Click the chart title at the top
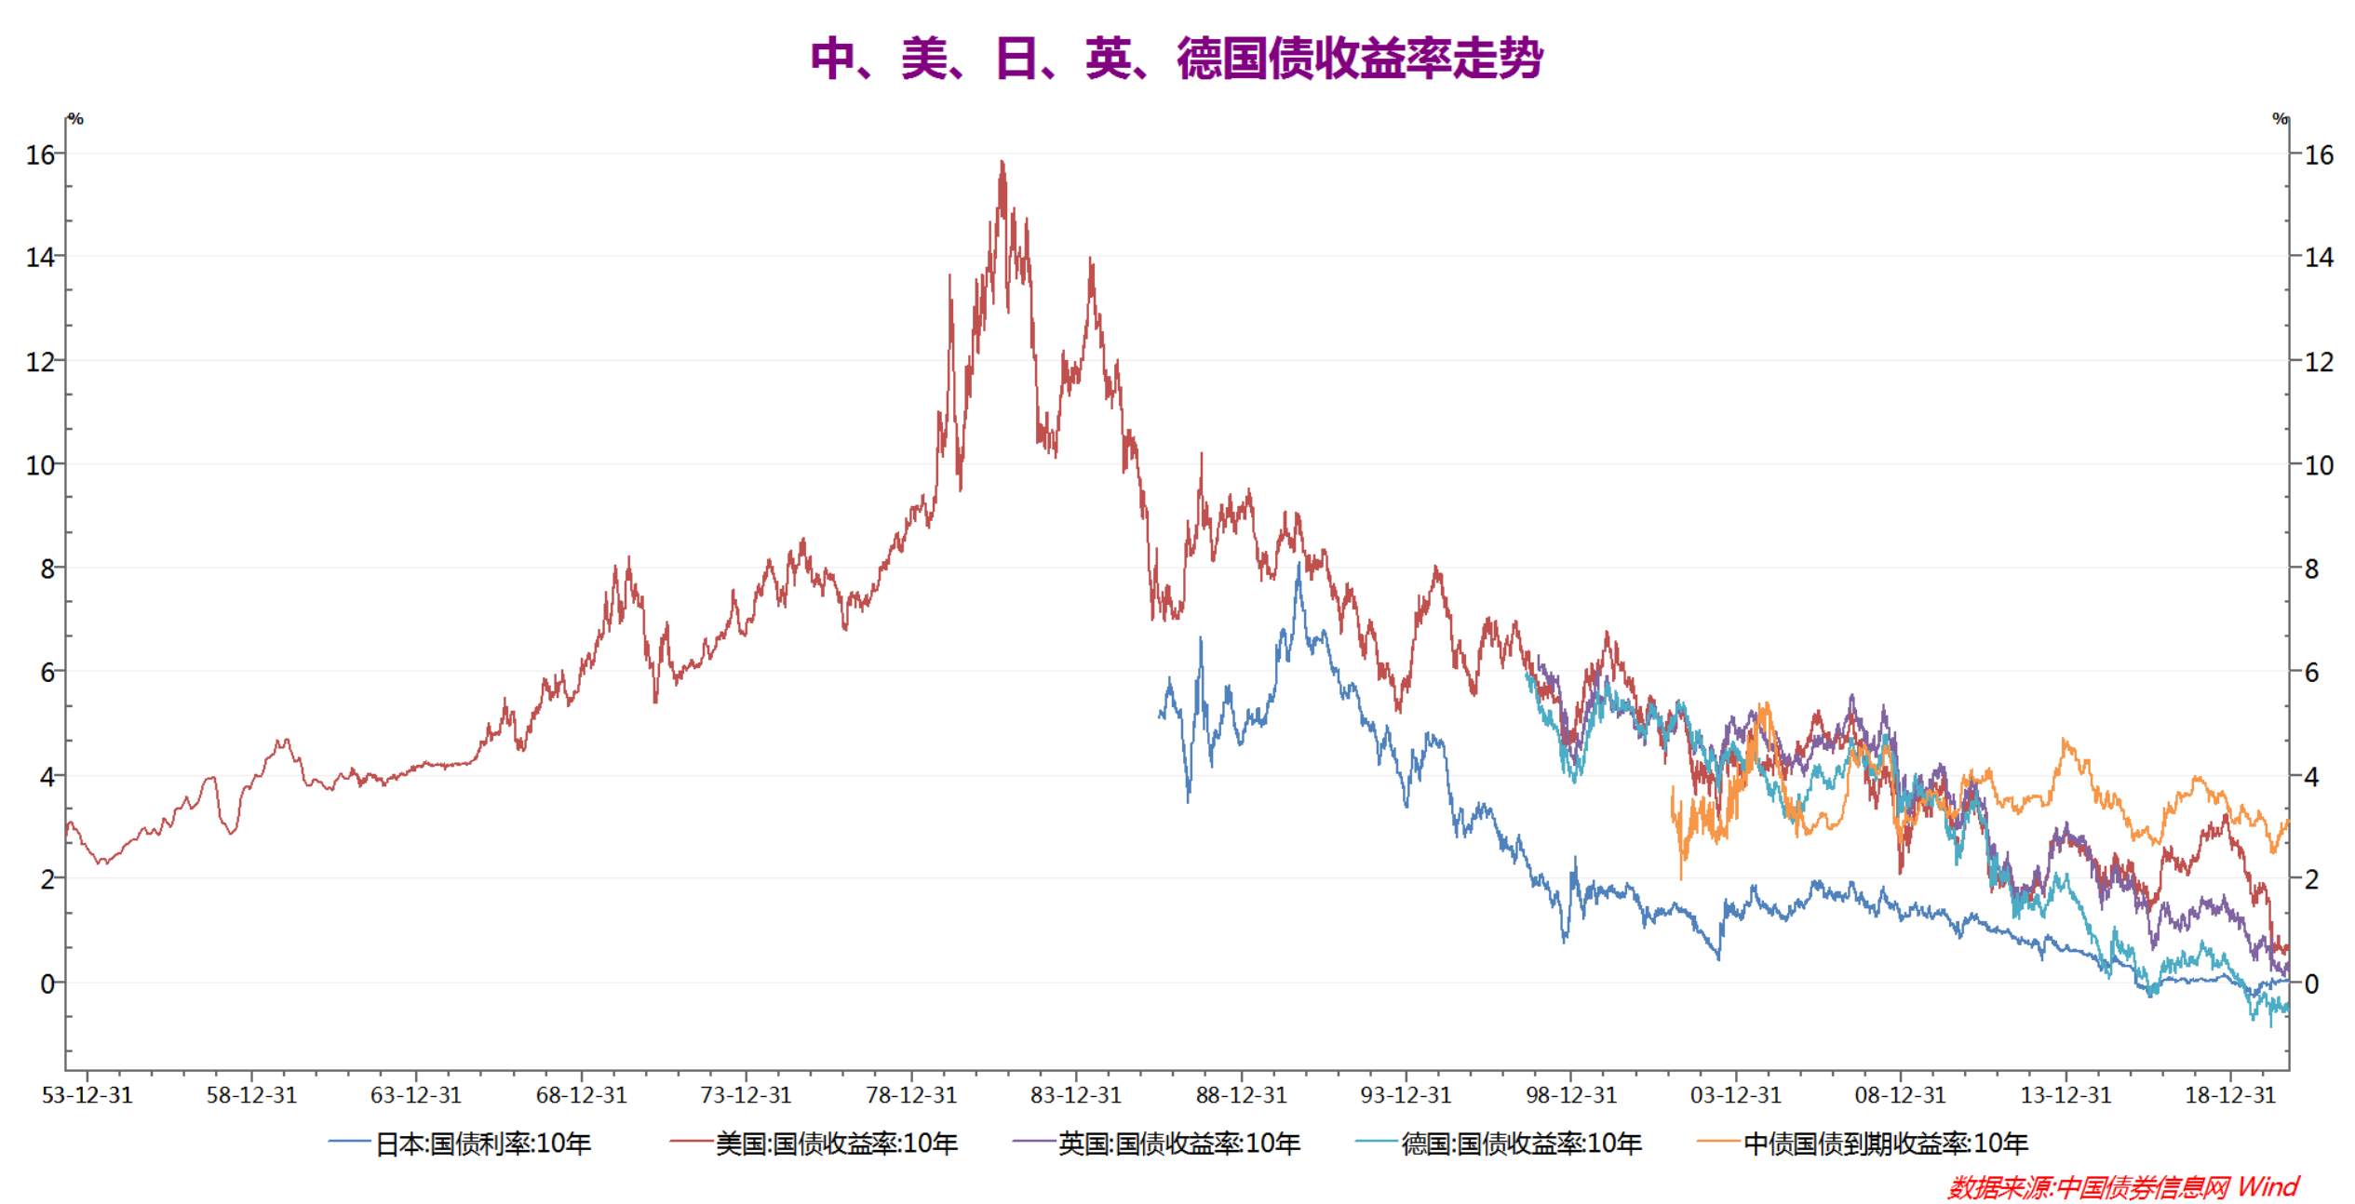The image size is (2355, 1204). click(1177, 59)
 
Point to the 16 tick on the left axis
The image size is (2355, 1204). click(41, 154)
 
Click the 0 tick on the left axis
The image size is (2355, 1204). click(47, 983)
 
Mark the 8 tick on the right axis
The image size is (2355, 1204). click(2311, 569)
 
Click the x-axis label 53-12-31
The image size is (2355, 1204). click(87, 1095)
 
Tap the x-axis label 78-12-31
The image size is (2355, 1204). click(911, 1095)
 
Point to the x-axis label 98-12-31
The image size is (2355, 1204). click(1571, 1095)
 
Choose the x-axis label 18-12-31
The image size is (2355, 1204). click(2230, 1095)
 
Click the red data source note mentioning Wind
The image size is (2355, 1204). click(2122, 1186)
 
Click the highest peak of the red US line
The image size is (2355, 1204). click(1002, 163)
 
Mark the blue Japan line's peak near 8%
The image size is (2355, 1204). click(1299, 565)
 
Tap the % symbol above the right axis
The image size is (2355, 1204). click(2280, 119)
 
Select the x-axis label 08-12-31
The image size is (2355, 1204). click(1901, 1095)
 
